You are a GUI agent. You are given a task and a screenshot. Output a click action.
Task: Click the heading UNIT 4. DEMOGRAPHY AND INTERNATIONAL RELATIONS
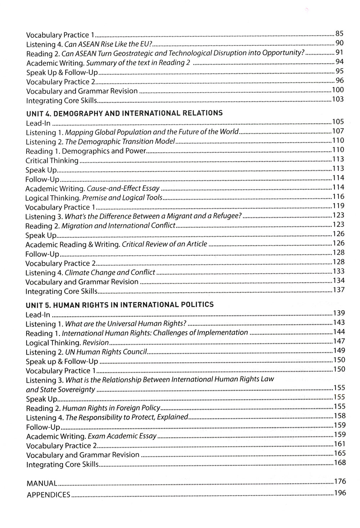[x=124, y=113]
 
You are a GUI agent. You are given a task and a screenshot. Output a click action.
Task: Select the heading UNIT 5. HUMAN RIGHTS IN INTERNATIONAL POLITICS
[x=120, y=305]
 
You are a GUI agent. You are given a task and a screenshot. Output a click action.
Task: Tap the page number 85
[x=339, y=34]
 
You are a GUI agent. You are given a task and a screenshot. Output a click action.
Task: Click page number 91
[x=339, y=53]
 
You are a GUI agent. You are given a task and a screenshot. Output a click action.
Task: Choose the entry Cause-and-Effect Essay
[x=123, y=188]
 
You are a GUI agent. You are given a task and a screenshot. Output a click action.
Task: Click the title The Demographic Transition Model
[x=120, y=141]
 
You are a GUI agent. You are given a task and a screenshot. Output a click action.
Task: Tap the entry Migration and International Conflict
[x=118, y=226]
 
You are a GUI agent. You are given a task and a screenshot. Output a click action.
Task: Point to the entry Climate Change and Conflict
[x=110, y=273]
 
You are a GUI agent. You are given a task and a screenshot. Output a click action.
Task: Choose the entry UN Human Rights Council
[x=106, y=352]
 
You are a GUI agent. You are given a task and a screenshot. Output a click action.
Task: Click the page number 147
[x=339, y=341]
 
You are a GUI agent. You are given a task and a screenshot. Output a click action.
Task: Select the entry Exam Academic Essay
[x=121, y=436]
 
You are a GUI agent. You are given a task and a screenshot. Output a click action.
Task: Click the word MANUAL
[x=42, y=483]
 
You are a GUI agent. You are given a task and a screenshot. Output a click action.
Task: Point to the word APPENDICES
[x=48, y=495]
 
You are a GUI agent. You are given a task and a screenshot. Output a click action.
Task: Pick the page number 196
[x=339, y=493]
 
